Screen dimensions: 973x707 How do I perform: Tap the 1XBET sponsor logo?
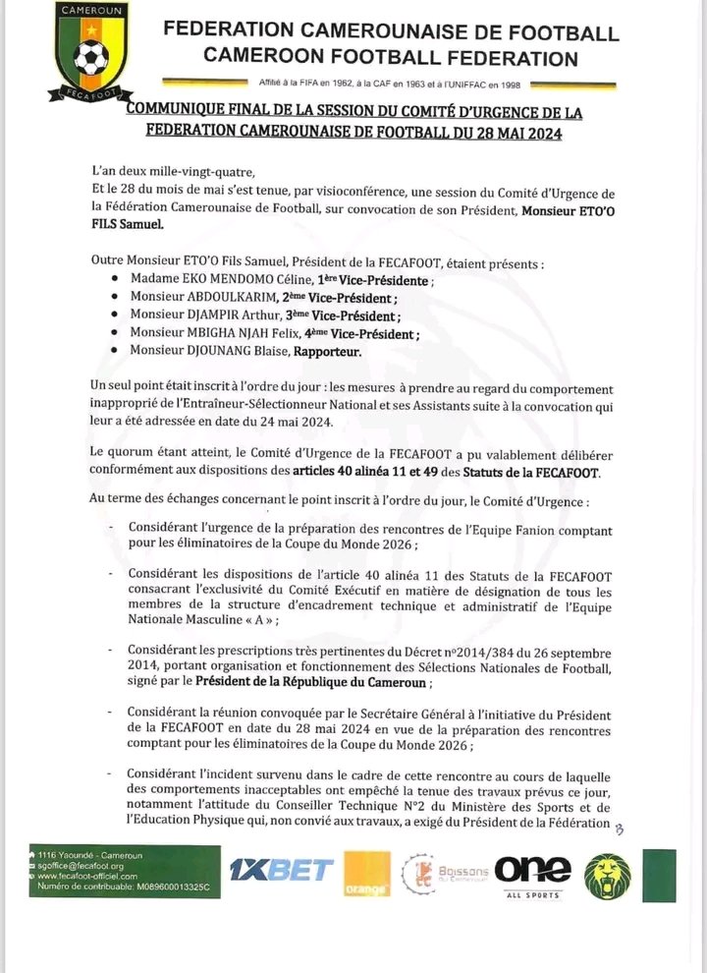coord(281,869)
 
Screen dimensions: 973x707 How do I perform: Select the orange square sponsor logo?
coord(366,874)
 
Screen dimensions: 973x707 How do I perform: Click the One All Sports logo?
coord(532,874)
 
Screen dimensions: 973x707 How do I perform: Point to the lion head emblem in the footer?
coord(607,875)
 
